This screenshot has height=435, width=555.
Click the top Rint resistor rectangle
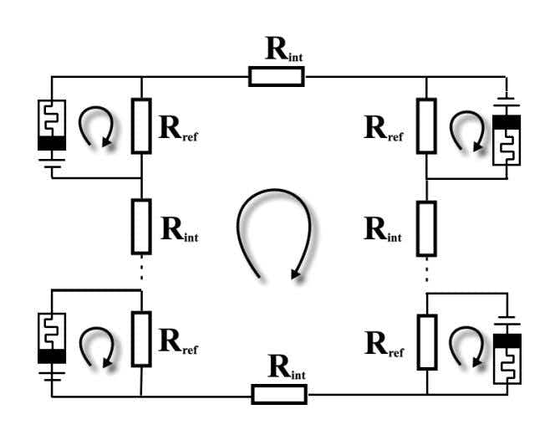(x=276, y=77)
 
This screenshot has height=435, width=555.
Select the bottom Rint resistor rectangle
(x=279, y=394)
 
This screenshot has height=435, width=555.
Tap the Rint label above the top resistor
(x=284, y=51)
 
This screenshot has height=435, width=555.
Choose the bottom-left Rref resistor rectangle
(x=141, y=339)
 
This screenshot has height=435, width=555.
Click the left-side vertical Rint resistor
(x=141, y=226)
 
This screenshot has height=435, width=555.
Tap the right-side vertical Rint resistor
(x=426, y=228)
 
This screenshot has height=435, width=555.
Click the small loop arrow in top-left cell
(x=94, y=129)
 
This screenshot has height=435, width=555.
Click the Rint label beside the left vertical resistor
(x=179, y=228)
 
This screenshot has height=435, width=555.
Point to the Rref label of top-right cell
(x=384, y=129)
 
